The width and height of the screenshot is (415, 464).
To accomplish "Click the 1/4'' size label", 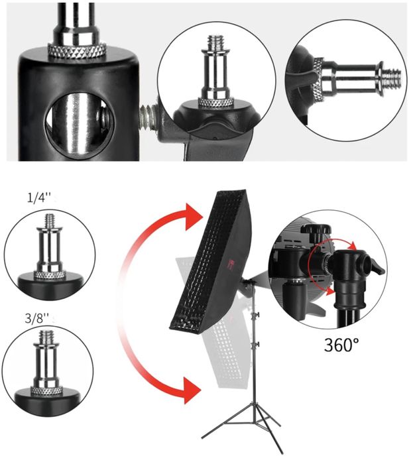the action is (x=39, y=198).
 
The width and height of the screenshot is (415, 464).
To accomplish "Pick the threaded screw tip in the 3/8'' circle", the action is (x=47, y=337).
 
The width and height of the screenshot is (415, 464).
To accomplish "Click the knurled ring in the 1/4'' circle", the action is (x=50, y=275).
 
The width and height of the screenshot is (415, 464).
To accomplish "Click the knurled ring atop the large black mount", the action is (x=77, y=50).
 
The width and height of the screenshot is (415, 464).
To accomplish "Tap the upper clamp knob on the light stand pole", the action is (x=257, y=314).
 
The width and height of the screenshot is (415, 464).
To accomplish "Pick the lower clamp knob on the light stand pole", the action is (x=257, y=344).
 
